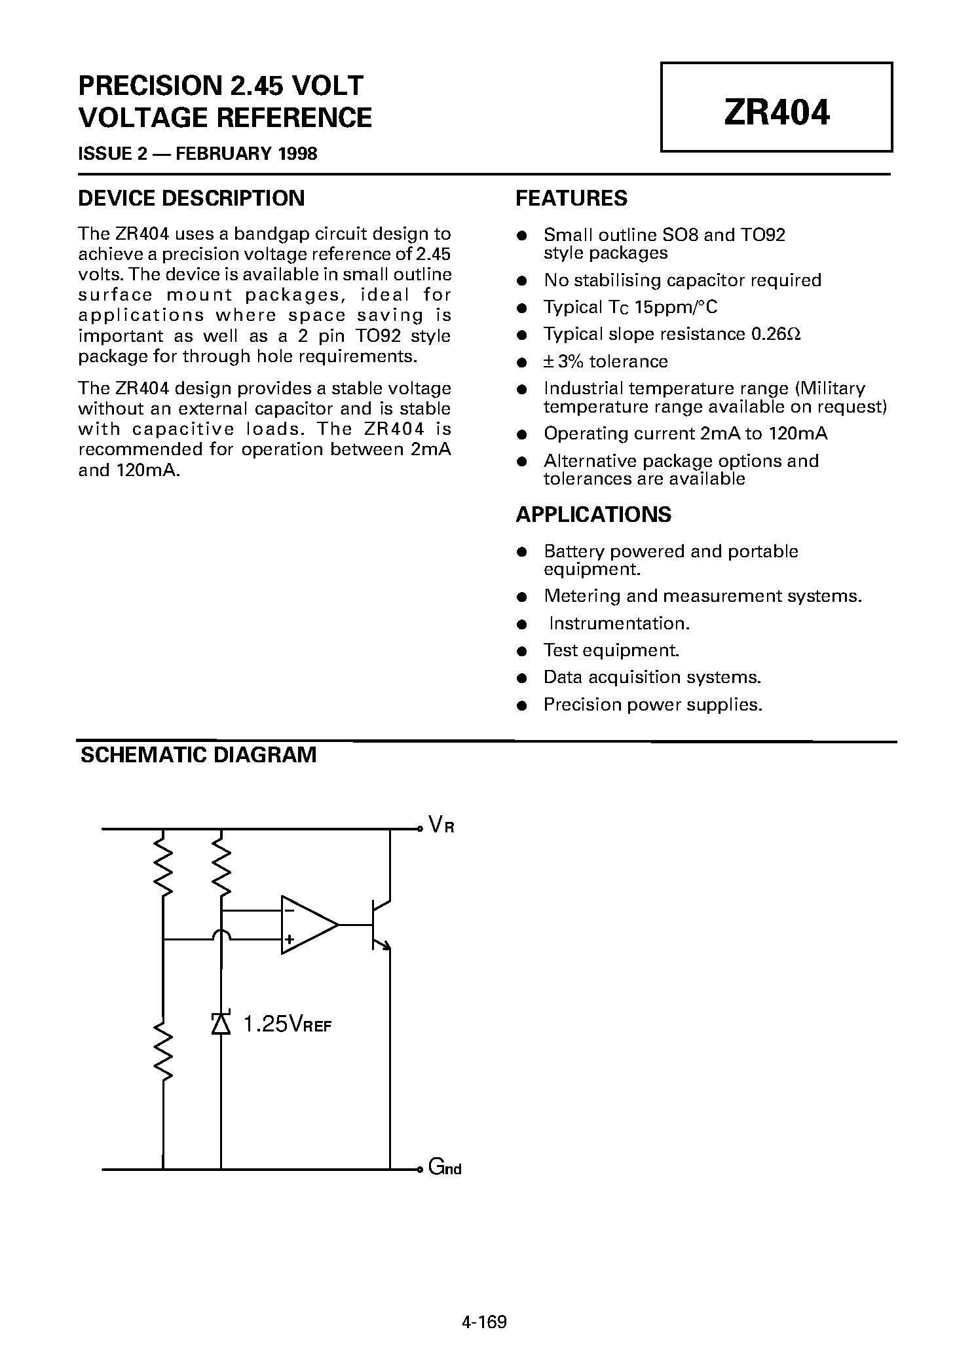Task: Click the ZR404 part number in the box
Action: click(x=776, y=112)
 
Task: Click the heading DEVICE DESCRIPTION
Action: click(x=191, y=198)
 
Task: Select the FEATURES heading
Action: click(x=571, y=198)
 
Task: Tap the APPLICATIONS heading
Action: click(x=593, y=515)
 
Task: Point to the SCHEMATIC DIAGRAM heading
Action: click(x=198, y=755)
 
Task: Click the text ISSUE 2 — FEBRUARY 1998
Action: click(x=197, y=154)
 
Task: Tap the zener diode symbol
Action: click(x=221, y=1023)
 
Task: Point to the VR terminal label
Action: click(x=441, y=825)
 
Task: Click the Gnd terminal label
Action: click(x=445, y=1167)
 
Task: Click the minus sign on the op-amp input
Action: click(x=289, y=910)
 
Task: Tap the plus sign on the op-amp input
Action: click(x=289, y=940)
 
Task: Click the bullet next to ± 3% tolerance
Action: click(x=522, y=362)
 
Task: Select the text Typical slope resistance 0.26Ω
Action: click(x=672, y=334)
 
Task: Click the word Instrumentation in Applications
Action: click(x=619, y=623)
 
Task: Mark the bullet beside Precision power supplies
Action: click(x=522, y=705)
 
